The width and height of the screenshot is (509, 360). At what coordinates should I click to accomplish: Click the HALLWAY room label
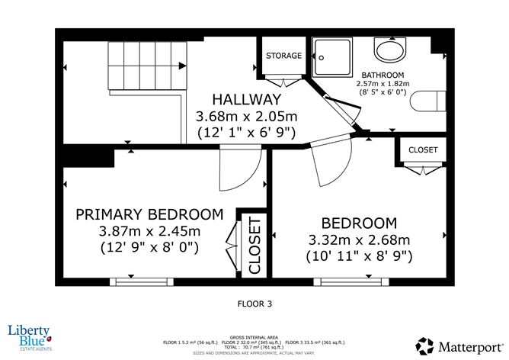click(x=246, y=100)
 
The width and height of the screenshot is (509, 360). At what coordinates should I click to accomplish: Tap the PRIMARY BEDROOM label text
click(x=149, y=214)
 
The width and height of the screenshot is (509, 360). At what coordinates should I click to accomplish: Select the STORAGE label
click(x=283, y=56)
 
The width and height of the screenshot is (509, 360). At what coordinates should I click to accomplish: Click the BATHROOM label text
click(x=384, y=75)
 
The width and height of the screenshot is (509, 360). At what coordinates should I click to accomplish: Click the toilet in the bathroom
click(x=427, y=101)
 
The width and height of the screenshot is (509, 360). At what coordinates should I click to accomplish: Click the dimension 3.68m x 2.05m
click(x=246, y=117)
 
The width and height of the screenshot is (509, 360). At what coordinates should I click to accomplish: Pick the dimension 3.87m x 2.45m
click(x=149, y=230)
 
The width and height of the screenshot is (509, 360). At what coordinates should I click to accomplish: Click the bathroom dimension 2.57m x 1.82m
click(x=384, y=84)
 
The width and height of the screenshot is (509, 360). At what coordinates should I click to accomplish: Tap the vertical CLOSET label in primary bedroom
click(x=254, y=245)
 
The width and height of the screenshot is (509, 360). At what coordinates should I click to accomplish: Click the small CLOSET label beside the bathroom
click(x=422, y=150)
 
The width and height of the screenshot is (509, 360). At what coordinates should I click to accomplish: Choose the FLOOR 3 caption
click(x=254, y=303)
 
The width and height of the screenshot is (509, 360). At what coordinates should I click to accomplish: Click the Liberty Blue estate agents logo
click(x=29, y=336)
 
